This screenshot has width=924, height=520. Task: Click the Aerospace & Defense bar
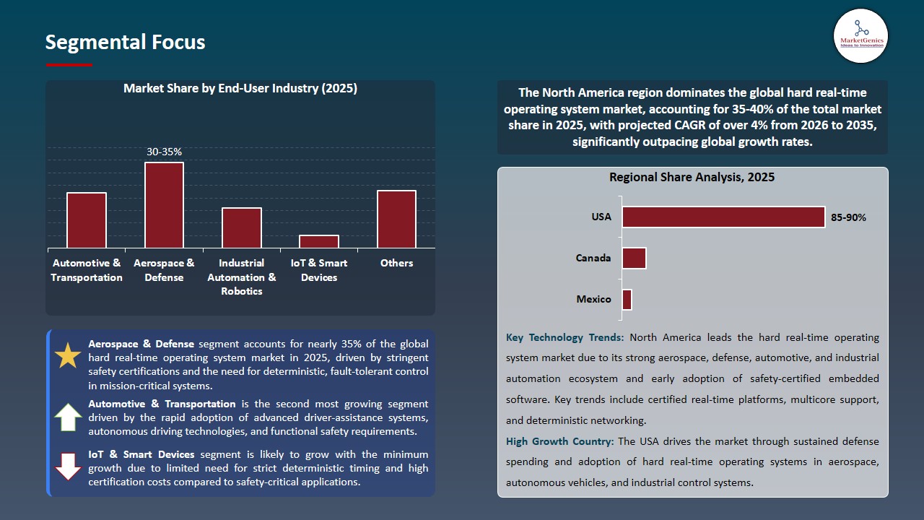(x=164, y=205)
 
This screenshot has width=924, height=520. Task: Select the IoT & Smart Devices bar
(x=319, y=241)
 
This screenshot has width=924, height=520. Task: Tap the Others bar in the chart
(x=396, y=220)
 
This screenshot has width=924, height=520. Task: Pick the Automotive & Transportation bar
(x=87, y=220)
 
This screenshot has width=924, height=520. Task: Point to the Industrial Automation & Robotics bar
(x=242, y=228)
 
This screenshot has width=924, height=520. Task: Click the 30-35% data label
(x=164, y=152)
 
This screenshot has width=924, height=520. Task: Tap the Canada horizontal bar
(x=634, y=258)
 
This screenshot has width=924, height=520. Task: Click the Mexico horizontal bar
(x=627, y=300)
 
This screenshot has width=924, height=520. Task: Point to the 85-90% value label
(x=848, y=217)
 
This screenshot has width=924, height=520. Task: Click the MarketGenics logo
(x=860, y=35)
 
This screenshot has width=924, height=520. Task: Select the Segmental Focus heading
(x=125, y=42)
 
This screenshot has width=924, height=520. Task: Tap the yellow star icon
(x=69, y=355)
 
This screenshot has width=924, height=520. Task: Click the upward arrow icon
(x=69, y=417)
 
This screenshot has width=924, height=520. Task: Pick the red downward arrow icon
(x=69, y=467)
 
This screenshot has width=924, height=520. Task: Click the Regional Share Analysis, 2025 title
(x=692, y=177)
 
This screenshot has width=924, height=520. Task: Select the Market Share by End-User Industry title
(x=240, y=88)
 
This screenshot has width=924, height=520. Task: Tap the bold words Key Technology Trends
(x=566, y=337)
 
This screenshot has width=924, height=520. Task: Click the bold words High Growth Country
(x=559, y=441)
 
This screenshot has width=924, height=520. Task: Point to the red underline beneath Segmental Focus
(x=69, y=65)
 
